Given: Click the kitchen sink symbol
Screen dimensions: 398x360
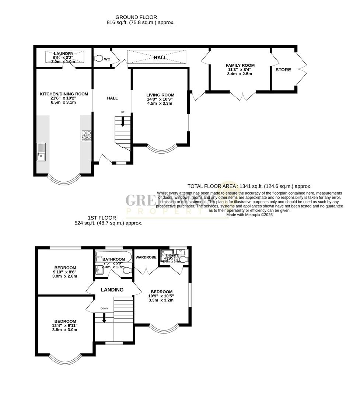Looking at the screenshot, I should click(x=41, y=152).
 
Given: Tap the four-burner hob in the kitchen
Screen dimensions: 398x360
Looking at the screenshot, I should click(x=87, y=136).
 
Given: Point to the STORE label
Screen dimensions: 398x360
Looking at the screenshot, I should click(x=283, y=70).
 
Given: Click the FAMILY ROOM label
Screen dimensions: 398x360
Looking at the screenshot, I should click(x=240, y=66).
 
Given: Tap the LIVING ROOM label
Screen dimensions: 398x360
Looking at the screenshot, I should click(x=160, y=95).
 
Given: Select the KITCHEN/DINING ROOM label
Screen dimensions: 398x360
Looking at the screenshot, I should click(x=64, y=94).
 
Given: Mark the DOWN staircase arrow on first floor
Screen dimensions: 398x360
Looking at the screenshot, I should click(x=104, y=318).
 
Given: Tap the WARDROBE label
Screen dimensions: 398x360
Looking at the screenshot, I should click(x=146, y=257).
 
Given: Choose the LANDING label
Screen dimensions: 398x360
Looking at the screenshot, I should click(x=112, y=290).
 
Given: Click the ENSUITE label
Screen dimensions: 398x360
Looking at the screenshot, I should click(x=172, y=255).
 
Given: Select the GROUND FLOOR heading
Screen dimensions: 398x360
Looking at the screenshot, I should click(x=136, y=17).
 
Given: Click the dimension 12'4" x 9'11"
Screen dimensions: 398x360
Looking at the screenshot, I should click(x=65, y=326).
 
